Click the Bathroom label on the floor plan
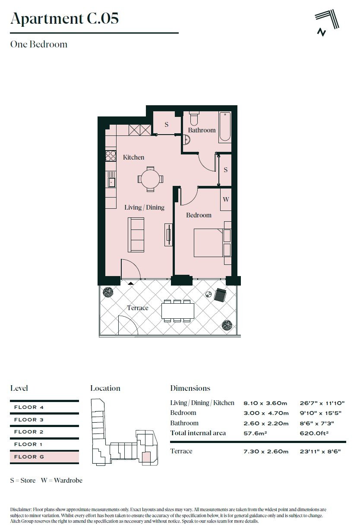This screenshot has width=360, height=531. point(202,130)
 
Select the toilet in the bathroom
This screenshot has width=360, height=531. point(194,118)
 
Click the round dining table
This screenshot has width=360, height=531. point(150,179)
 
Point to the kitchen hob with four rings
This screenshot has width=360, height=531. point(111,156)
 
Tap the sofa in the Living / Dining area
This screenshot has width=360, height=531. point(136,235)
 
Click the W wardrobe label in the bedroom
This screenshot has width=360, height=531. point(225,199)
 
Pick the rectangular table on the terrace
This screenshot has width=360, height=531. point(178,311)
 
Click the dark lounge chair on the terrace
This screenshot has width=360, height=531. point(220,295)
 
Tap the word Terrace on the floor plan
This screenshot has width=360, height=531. point(138,308)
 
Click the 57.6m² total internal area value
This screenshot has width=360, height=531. point(255,433)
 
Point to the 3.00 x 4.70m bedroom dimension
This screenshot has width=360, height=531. point(266,413)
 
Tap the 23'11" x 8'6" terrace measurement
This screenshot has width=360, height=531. point(320,451)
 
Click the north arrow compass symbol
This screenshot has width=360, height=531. point(327,22)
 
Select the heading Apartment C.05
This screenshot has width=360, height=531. point(64,18)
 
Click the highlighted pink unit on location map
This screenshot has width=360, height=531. point(146,456)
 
